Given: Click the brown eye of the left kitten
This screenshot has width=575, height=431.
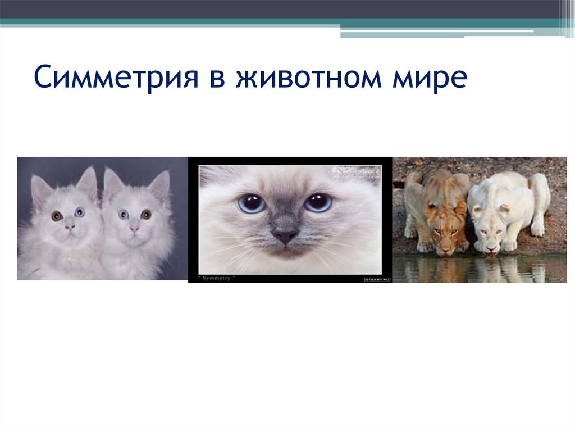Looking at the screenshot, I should point(57,215).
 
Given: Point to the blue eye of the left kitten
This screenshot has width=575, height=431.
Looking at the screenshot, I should point(79,212).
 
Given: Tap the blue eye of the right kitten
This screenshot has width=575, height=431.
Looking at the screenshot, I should point(124,214).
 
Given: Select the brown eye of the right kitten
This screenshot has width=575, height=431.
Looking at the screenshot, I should point(146,214).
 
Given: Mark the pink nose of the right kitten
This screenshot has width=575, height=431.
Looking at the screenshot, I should point(135,228).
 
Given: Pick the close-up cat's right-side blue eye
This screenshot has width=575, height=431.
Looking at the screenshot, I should point(318,202).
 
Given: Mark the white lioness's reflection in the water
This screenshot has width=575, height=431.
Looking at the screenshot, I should point(494,270).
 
